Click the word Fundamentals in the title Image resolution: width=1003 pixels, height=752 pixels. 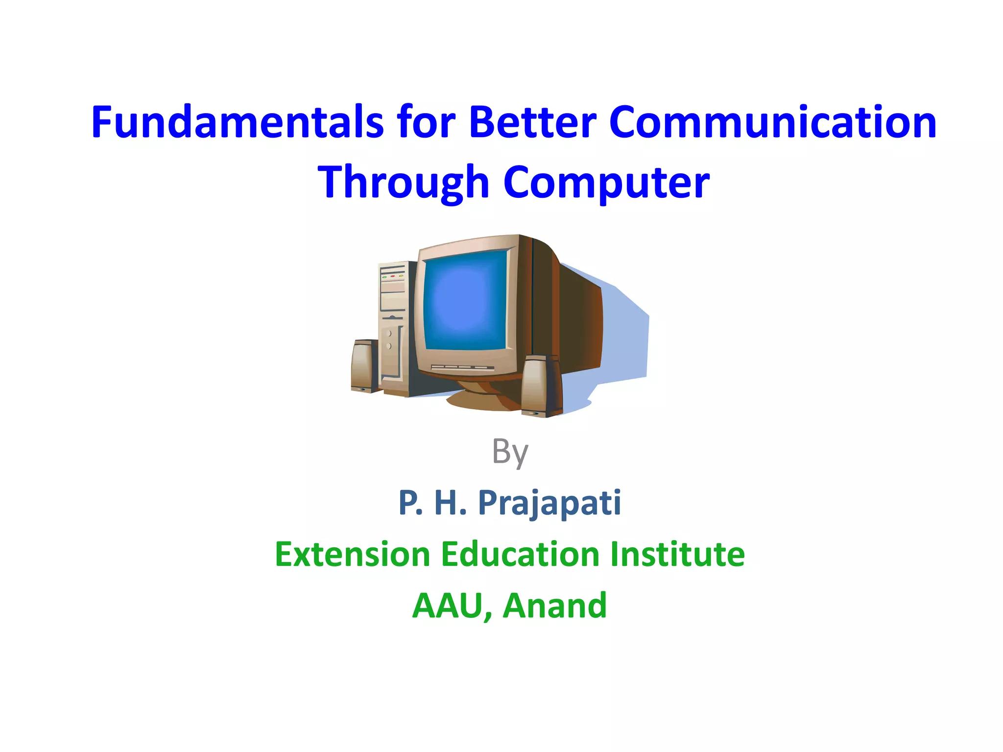[237, 122]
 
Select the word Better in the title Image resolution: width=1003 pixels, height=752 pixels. [532, 122]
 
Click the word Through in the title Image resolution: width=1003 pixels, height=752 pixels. [404, 182]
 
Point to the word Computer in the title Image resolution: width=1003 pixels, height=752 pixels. [606, 182]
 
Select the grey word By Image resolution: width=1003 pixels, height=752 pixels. [510, 451]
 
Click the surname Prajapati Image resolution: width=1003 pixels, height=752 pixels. [549, 503]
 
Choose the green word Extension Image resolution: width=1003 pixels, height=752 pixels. [352, 555]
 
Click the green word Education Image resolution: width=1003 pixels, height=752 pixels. [520, 555]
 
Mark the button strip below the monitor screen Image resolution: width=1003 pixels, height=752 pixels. [461, 368]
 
